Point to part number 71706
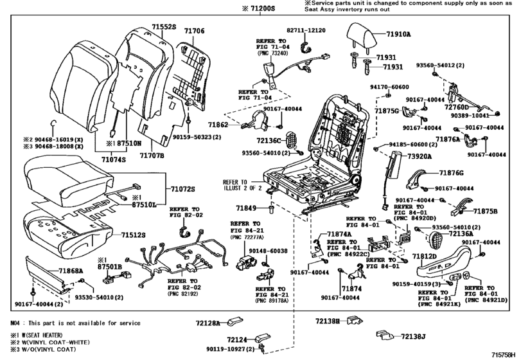point(195,32)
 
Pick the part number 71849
point(246,208)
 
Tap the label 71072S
point(183,189)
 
